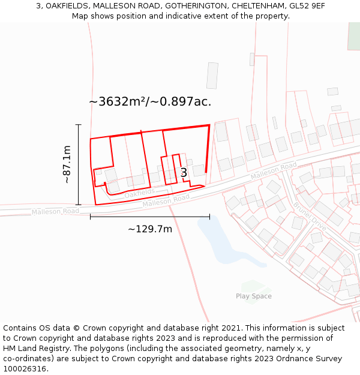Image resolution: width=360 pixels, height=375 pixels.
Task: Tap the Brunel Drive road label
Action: (x=310, y=217)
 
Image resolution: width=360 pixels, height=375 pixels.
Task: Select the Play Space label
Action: (x=253, y=296)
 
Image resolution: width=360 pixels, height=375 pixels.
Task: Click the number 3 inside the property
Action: (x=184, y=173)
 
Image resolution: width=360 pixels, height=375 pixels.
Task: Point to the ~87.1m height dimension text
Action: (x=67, y=164)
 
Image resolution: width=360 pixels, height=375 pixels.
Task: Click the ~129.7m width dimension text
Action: (x=150, y=229)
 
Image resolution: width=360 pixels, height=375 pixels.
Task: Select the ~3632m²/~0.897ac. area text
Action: (x=150, y=101)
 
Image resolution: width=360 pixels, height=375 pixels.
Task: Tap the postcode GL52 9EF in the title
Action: (x=307, y=6)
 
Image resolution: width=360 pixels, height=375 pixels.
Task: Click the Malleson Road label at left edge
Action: (x=55, y=211)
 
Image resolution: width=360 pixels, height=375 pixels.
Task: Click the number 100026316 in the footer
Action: (x=25, y=369)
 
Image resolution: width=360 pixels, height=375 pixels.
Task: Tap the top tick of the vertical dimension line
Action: (x=79, y=125)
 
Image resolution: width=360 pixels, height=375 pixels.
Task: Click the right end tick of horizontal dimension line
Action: (x=209, y=217)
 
